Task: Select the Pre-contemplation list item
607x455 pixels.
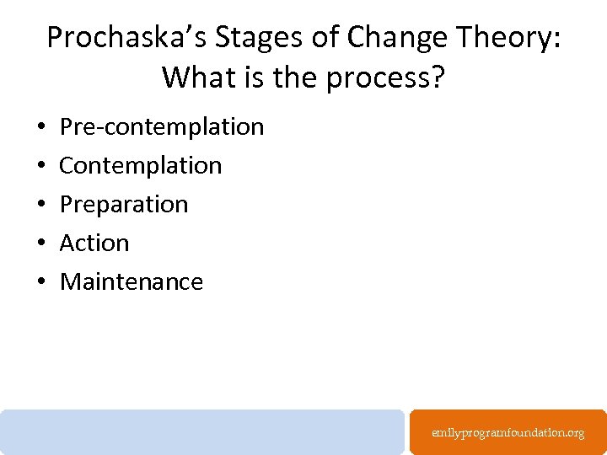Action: coord(162,126)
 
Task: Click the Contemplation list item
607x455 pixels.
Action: coord(141,165)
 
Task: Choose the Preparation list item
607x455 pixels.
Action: coord(124,204)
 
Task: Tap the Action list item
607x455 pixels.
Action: coord(94,243)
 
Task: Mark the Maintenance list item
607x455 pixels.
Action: coord(132,281)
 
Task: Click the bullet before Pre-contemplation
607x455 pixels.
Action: coord(41,127)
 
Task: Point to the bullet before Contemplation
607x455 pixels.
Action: coord(41,166)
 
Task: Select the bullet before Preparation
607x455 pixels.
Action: coord(41,205)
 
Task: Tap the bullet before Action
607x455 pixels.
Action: coord(41,244)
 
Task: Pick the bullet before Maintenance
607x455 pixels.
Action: coord(41,282)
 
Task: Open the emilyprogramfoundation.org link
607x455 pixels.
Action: coord(508,432)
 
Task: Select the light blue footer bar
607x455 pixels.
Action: coord(202,431)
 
